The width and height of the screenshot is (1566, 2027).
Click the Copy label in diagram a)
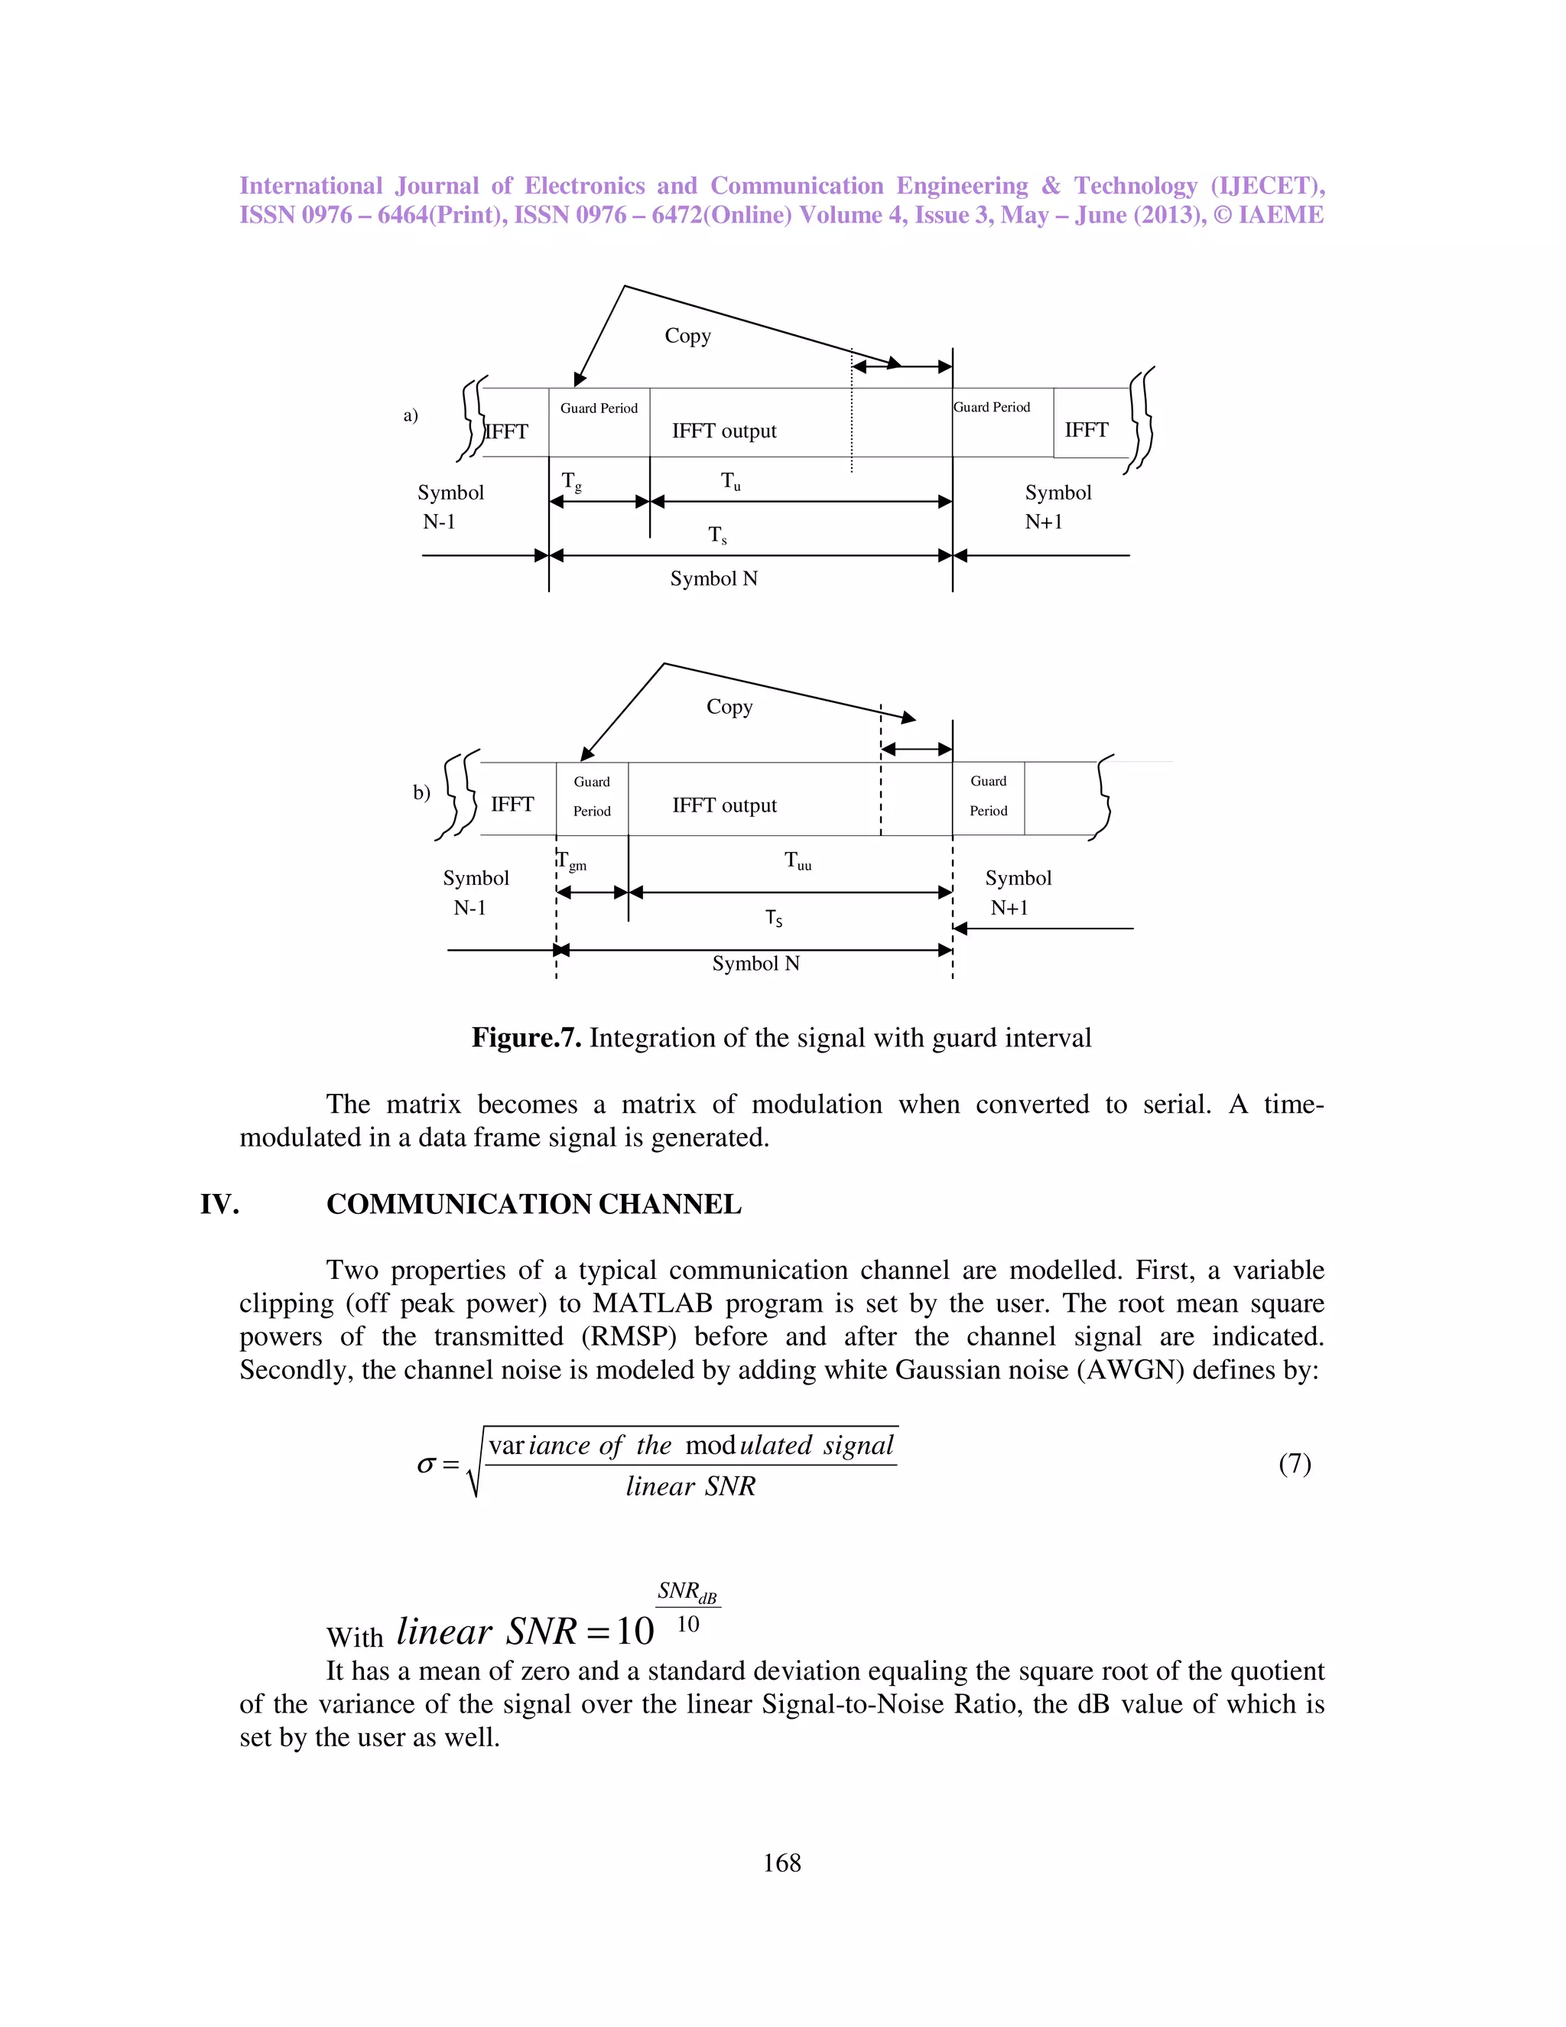tap(687, 336)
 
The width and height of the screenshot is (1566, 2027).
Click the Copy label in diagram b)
tap(729, 708)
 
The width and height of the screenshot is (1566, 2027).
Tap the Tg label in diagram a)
tap(571, 482)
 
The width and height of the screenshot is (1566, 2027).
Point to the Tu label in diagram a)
tap(731, 482)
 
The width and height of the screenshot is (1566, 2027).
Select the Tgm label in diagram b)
tap(573, 861)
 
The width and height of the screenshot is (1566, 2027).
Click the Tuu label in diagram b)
tap(798, 861)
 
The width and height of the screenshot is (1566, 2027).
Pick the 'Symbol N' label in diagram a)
tap(713, 579)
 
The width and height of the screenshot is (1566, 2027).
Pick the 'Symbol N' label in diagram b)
tap(755, 965)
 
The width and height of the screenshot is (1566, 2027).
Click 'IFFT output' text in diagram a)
tap(723, 431)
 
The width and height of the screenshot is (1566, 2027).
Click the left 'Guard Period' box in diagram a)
tap(599, 422)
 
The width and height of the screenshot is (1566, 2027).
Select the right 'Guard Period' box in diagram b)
tap(988, 797)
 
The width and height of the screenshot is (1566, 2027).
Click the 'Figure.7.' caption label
tap(526, 1038)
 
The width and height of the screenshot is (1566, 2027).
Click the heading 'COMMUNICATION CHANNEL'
tap(534, 1205)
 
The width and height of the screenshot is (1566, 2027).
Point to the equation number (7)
tap(1295, 1463)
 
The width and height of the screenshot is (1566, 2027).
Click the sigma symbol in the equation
tap(426, 1466)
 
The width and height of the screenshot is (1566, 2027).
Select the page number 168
tap(781, 1863)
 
